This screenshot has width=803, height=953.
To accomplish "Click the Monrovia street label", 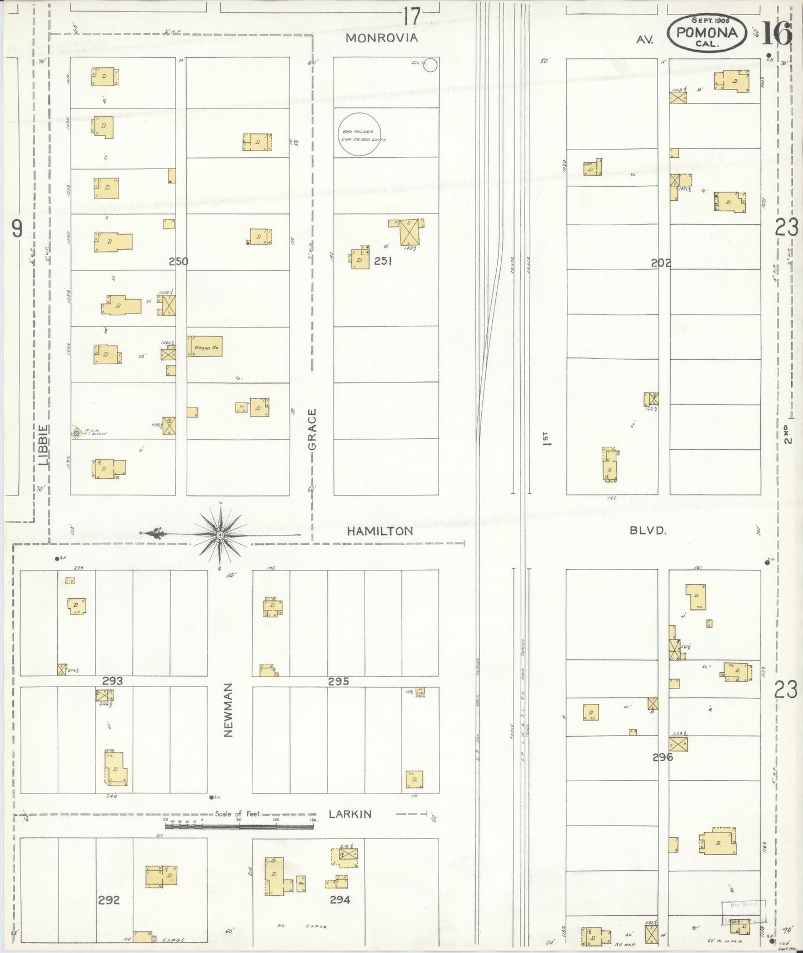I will (x=381, y=38).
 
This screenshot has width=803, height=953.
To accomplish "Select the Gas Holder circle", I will (x=360, y=135).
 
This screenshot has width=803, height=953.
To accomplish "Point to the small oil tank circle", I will (x=431, y=66).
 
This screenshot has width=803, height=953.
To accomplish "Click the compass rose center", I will (x=220, y=535).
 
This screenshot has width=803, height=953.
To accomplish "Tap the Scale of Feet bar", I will (x=239, y=826).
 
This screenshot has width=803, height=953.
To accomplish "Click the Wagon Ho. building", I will (x=205, y=346).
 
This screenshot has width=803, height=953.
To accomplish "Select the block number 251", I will (x=383, y=260).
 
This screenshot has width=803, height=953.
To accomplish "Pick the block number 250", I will (x=178, y=261).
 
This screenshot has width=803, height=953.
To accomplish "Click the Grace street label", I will (x=312, y=430).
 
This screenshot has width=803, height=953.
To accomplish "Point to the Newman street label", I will (x=228, y=709).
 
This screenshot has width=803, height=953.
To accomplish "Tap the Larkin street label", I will (x=350, y=814).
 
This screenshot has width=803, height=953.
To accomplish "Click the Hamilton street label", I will (x=380, y=531).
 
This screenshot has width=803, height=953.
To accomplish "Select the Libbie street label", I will (x=44, y=445).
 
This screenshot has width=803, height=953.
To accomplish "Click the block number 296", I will (x=663, y=757).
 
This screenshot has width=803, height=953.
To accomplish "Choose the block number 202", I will (x=661, y=263).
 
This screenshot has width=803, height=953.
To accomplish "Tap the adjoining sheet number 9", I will (x=17, y=229).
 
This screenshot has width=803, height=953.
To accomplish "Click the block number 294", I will (x=340, y=900).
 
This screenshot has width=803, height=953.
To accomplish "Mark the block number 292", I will (x=108, y=900).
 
